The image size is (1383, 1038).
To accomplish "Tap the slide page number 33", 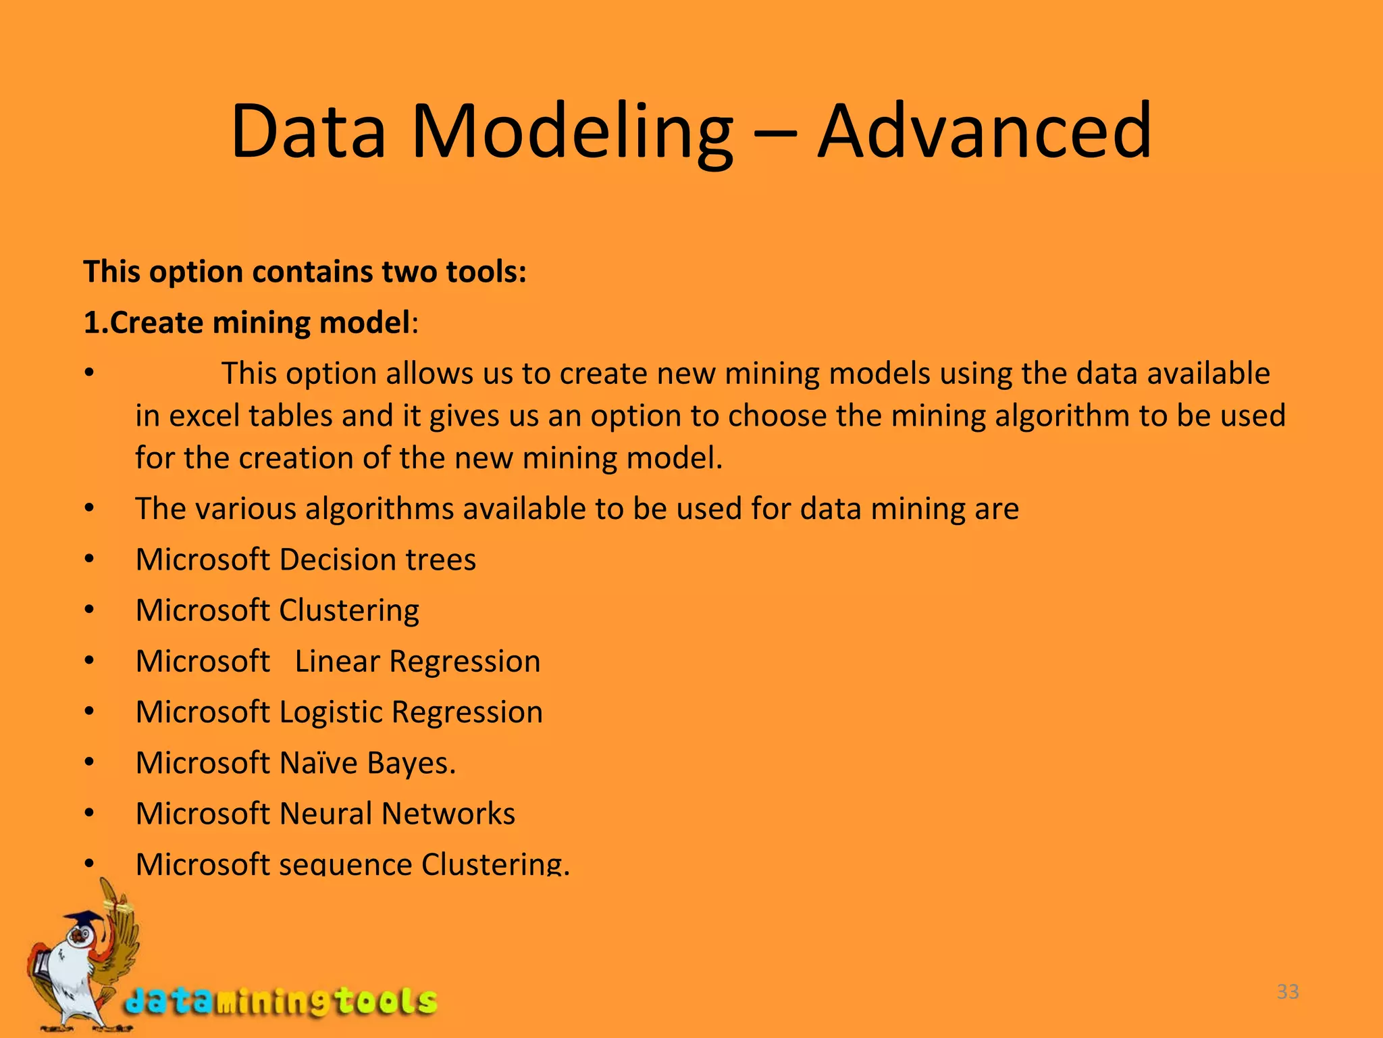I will click(1288, 991).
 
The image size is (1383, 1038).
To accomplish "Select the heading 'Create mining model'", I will click(259, 322).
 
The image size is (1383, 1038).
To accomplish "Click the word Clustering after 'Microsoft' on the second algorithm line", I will click(348, 611).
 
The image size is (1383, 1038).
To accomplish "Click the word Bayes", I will click(411, 763).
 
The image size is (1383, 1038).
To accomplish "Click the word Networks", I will click(448, 814).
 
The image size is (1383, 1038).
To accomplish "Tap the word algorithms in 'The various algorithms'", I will click(379, 509).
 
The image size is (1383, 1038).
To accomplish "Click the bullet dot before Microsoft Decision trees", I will click(89, 560).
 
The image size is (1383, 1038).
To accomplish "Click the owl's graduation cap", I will click(84, 921).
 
